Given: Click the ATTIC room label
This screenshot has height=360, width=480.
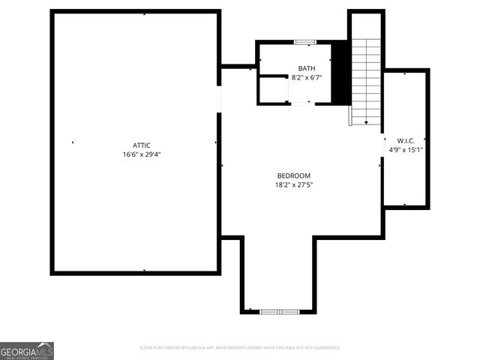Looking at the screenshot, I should point(142,145).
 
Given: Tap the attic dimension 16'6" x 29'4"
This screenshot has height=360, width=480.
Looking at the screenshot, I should point(142,154).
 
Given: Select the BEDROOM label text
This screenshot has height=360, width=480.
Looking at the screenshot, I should point(293,175).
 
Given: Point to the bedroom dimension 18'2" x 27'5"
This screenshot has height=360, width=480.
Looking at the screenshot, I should point(293,184).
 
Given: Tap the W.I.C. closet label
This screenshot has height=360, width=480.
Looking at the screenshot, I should point(406,140).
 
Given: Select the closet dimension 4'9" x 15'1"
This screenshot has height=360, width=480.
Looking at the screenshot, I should point(406,149).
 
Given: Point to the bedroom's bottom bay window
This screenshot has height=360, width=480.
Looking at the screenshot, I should point(280,311).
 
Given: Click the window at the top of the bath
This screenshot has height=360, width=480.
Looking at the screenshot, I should point(305,42).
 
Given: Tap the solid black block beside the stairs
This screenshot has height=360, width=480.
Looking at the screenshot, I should point(340,72).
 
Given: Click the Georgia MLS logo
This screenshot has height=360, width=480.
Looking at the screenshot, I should point(27,351).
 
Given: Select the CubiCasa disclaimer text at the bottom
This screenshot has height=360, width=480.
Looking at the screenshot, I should point(240,348).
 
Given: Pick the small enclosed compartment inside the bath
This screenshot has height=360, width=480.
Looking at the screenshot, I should point(274,89).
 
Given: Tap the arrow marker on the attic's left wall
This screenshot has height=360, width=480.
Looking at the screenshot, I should point(73,142).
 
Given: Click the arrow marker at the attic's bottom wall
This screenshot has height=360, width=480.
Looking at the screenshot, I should point(143,270).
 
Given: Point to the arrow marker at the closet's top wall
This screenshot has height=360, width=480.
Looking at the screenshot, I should point(405,73).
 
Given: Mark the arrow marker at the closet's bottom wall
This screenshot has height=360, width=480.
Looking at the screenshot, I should point(405,204).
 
